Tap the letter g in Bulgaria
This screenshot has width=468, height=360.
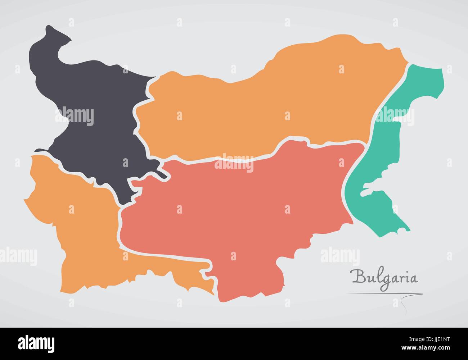point(384,280)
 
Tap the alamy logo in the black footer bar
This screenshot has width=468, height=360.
point(36,342)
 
